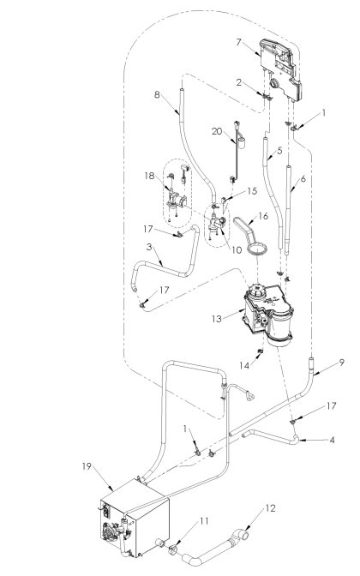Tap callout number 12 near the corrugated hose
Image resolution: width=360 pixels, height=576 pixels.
(x=272, y=509)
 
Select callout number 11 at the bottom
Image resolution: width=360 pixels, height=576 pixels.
(x=204, y=520)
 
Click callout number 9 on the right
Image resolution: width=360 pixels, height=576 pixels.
(x=341, y=363)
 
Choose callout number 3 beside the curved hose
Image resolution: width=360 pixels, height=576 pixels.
(x=149, y=247)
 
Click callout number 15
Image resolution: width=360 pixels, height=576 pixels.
(x=252, y=191)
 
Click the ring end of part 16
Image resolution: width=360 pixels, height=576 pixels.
(x=255, y=249)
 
